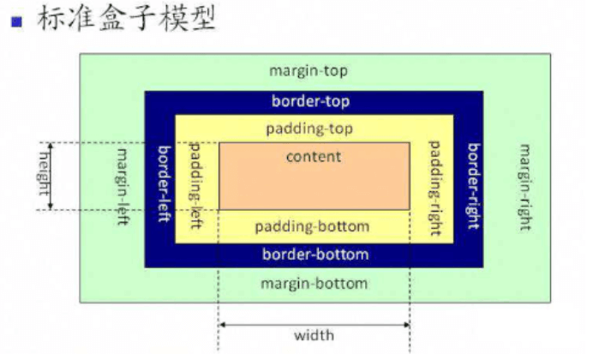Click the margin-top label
tap(308, 70)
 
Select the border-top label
tap(310, 101)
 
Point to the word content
tap(313, 156)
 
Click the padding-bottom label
tap(312, 227)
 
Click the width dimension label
tap(314, 335)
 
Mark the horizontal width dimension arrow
tap(314, 324)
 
